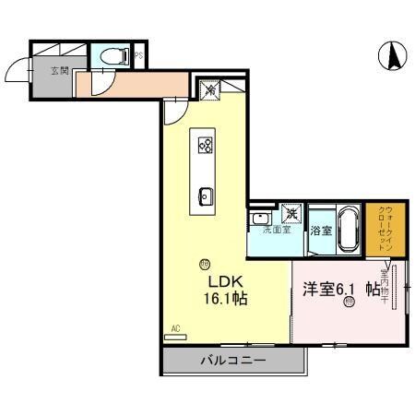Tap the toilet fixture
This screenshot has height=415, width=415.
(x=113, y=55)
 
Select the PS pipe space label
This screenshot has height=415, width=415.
(x=138, y=57)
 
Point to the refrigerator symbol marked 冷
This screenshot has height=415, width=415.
(x=209, y=90)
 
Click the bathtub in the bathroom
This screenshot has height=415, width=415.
(x=347, y=229)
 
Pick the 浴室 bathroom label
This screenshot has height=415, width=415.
(x=320, y=230)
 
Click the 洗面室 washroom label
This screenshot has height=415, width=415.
(x=277, y=230)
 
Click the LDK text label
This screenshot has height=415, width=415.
(x=224, y=283)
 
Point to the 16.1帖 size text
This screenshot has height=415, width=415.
(x=226, y=300)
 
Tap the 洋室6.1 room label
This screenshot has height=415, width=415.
(x=331, y=290)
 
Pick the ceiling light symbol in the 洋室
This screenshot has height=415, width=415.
(x=350, y=308)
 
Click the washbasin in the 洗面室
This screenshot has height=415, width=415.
(x=260, y=219)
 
